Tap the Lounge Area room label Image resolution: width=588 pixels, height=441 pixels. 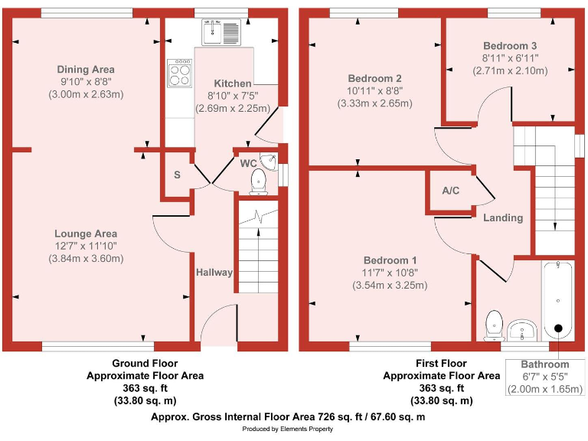[x=85, y=234]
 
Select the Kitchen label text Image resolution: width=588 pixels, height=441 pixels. [x=232, y=83]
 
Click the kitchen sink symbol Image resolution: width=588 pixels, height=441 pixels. [x=221, y=31]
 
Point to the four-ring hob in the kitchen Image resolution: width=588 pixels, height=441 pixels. [x=180, y=73]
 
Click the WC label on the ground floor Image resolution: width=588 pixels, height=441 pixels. [x=247, y=163]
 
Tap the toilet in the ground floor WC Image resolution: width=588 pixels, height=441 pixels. [x=258, y=181]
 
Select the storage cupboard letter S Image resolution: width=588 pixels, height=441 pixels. [x=177, y=175]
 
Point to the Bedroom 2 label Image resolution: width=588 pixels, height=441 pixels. [x=374, y=79]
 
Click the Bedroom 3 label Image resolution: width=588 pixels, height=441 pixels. [x=509, y=46]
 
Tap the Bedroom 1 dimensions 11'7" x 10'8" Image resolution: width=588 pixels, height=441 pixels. [x=390, y=272]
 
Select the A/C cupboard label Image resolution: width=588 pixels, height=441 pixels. [x=451, y=191]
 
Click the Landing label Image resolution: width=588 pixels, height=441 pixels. [x=503, y=217]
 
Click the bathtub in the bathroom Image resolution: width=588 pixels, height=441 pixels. [x=558, y=299]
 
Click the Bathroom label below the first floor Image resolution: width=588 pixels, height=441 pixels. [x=545, y=364]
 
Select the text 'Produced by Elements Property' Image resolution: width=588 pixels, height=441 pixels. [x=288, y=430]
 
